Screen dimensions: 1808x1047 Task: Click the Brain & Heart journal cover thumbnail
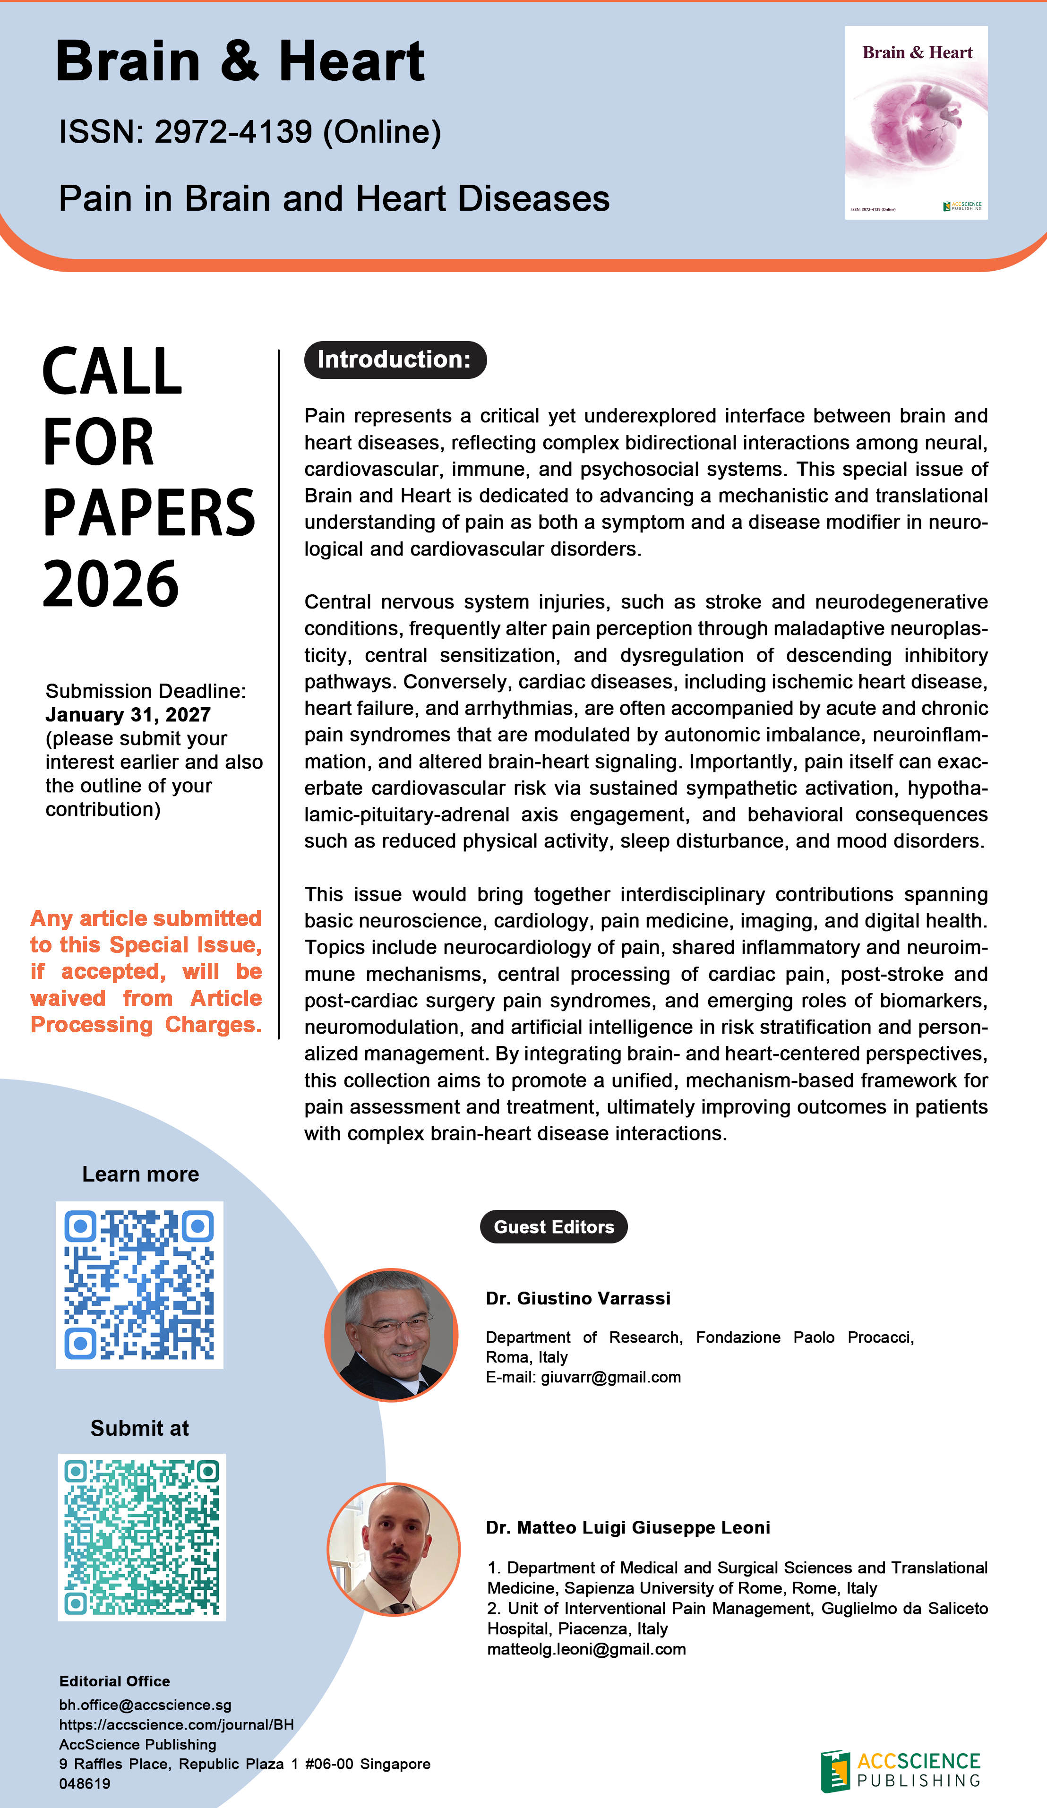coord(916,123)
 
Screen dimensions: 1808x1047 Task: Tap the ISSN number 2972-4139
coord(233,132)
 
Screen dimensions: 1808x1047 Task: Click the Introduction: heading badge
coord(395,360)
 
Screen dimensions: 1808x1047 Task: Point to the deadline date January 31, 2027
coord(128,715)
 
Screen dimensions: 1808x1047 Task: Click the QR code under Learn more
coord(139,1285)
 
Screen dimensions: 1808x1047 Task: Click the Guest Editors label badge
coord(553,1227)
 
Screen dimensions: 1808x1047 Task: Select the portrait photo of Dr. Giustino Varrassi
coord(391,1335)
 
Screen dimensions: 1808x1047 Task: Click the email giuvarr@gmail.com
coord(611,1377)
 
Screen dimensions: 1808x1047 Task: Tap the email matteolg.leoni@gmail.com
coord(586,1649)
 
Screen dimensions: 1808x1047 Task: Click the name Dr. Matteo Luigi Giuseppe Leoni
coord(628,1527)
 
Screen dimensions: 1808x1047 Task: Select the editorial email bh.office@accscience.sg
coord(145,1705)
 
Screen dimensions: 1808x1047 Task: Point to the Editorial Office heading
coord(114,1681)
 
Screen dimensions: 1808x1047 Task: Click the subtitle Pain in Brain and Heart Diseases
coord(334,199)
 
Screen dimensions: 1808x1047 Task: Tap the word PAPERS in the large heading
coord(148,514)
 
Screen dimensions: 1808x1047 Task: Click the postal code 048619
coord(85,1783)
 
